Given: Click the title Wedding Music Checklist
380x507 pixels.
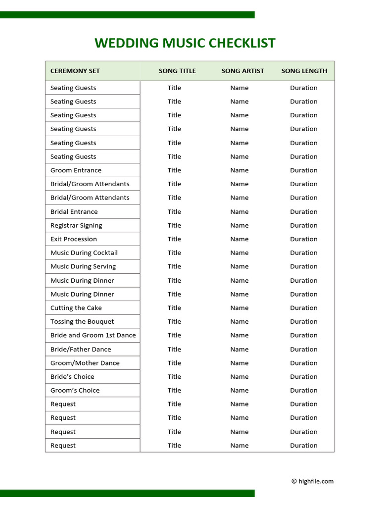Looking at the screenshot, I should [185, 43].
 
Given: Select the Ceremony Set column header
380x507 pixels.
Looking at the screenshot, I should [75, 71].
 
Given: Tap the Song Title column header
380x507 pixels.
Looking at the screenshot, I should [177, 71].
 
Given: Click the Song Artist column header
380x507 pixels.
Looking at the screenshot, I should [242, 71].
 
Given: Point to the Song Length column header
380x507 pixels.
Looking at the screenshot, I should [304, 71].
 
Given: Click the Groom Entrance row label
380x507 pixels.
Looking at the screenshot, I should [76, 170].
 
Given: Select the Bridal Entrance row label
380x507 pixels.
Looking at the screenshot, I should [74, 211].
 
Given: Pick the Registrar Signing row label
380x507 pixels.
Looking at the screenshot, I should [76, 225].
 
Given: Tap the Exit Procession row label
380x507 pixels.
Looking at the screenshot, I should [74, 239].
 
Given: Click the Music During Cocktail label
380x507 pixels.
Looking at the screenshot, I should [84, 253].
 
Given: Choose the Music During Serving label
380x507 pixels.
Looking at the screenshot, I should [83, 266].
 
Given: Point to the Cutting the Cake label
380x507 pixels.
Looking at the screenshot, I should [76, 308].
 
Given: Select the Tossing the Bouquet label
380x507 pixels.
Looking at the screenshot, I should [82, 321].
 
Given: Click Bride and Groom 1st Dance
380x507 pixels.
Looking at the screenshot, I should [93, 335].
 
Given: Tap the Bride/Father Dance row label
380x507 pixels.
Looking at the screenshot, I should [81, 349].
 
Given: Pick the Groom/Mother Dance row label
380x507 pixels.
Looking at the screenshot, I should [85, 363].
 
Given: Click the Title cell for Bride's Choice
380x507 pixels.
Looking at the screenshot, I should [174, 377].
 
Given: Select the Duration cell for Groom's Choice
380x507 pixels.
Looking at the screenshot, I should [304, 390].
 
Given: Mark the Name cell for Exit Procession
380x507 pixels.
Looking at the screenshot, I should [239, 239].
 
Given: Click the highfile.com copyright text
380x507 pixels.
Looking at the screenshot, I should [312, 481].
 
